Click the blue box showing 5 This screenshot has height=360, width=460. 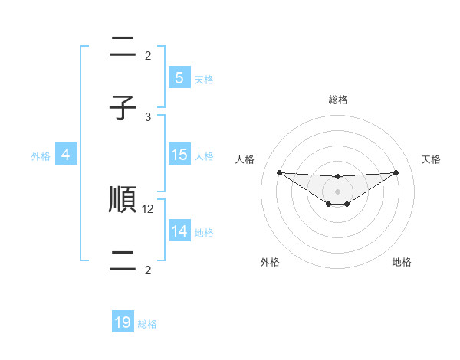click(x=179, y=78)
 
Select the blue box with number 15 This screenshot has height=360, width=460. click(x=179, y=155)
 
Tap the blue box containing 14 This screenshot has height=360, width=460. click(x=179, y=231)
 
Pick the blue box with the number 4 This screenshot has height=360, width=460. click(x=66, y=155)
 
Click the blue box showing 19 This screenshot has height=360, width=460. click(x=123, y=322)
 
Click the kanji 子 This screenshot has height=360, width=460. click(x=123, y=108)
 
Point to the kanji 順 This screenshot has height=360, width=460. click(x=123, y=199)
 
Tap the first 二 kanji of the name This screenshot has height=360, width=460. click(x=123, y=47)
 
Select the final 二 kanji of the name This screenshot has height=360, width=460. click(x=123, y=260)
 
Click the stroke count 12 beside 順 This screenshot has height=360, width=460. click(x=149, y=208)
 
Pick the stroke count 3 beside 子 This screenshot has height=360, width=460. click(x=149, y=116)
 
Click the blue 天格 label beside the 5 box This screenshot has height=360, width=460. click(x=204, y=80)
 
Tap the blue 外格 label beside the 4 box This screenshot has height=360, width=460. click(x=41, y=156)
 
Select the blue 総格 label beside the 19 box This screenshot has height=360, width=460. click(x=147, y=324)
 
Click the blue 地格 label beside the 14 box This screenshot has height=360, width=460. click(x=204, y=233)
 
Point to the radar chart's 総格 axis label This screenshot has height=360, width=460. click(x=337, y=100)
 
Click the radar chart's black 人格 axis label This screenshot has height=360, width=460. click(x=245, y=159)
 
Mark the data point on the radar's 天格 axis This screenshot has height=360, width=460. click(x=396, y=172)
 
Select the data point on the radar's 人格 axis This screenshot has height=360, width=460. click(x=279, y=172)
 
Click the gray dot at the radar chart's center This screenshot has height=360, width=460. click(x=337, y=191)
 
